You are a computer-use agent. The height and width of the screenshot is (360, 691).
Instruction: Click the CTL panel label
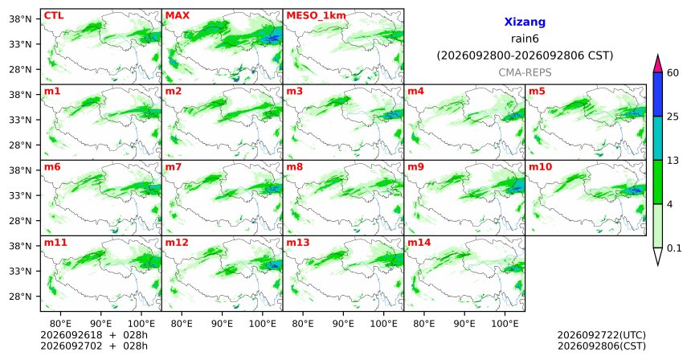[54, 16]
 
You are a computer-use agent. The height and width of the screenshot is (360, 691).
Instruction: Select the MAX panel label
[177, 16]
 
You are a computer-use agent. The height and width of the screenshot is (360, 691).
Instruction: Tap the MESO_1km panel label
[316, 16]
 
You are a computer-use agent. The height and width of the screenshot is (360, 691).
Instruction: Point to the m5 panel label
[537, 92]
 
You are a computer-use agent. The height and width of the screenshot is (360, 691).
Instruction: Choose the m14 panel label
[419, 243]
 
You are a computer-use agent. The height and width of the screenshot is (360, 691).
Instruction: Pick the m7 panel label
[174, 167]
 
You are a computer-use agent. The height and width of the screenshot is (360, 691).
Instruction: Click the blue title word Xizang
[525, 22]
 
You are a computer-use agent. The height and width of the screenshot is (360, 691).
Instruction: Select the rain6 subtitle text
[525, 39]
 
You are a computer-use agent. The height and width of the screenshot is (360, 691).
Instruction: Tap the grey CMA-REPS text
[525, 72]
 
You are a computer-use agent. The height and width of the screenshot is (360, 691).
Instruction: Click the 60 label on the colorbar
[673, 73]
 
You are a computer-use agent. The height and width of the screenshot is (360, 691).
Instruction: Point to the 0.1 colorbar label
[674, 248]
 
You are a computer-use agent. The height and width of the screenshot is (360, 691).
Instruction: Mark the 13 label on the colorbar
[673, 161]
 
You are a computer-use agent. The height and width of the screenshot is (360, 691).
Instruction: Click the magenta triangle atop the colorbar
[658, 64]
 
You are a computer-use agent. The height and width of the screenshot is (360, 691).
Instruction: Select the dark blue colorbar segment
[658, 94]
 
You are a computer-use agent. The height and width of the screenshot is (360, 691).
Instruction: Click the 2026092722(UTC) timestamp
[602, 336]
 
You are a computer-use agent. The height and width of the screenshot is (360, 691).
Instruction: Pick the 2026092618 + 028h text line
[94, 335]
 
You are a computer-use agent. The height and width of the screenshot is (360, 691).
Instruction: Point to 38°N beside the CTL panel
[20, 19]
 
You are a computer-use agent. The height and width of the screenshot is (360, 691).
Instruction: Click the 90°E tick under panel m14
[464, 325]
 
